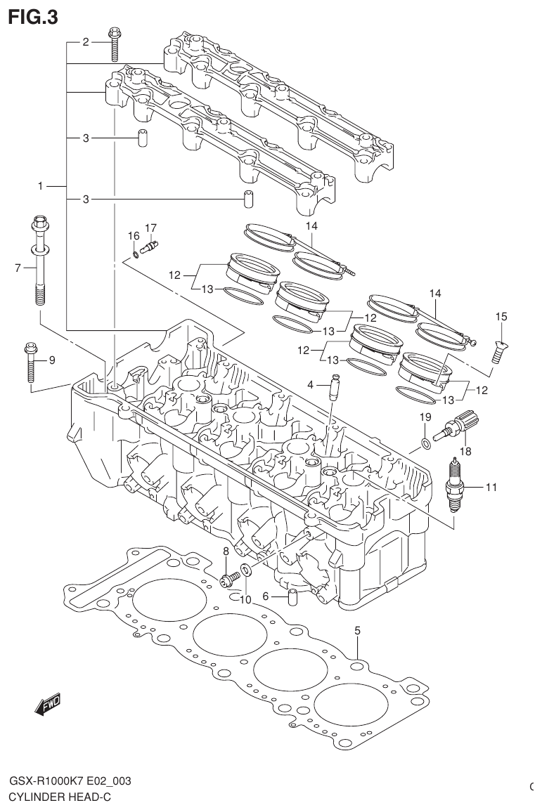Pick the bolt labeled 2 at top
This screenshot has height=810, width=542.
pos(114,44)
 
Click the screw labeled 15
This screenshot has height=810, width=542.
pos(498,349)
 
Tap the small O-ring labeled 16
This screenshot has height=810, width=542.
pos(134,254)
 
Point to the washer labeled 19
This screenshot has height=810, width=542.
pos(426,443)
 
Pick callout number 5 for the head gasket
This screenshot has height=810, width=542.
pos(357,630)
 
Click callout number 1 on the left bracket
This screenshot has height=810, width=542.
pos(41,186)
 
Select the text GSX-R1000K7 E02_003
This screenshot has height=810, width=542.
pos(70,782)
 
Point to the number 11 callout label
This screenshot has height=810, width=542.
pos(490,486)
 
